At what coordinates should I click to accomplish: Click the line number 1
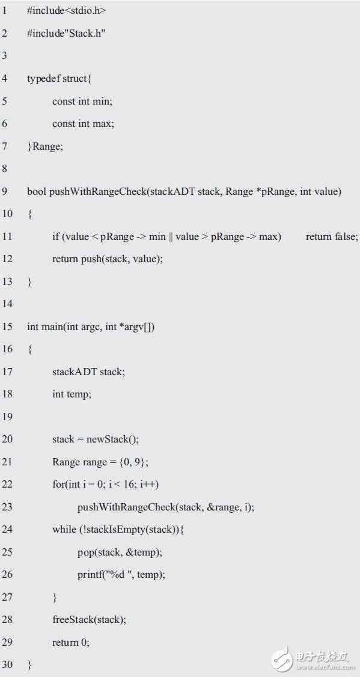4,11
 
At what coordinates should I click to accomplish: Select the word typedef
43,79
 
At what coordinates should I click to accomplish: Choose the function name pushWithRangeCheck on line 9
98,192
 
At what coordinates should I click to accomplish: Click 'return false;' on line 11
332,237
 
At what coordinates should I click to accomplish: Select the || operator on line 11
171,237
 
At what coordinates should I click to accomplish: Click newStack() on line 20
112,440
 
